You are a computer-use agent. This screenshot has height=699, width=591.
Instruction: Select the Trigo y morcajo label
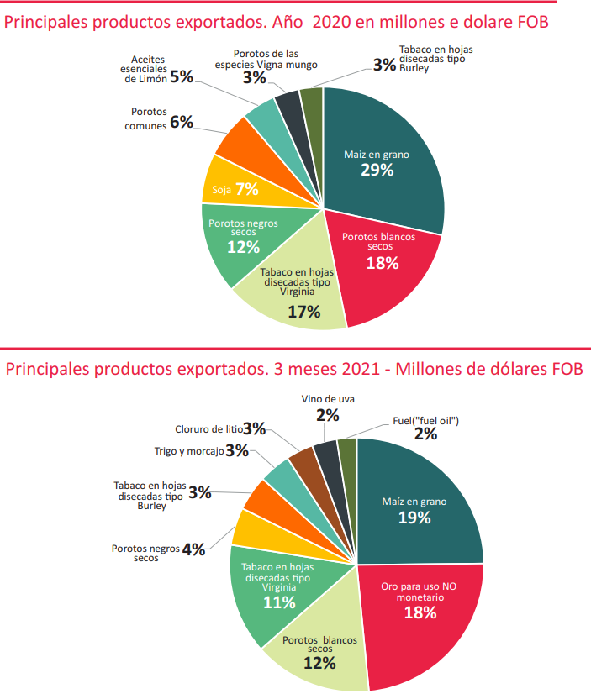coord(189,451)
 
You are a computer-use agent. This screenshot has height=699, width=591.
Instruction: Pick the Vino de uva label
coord(328,399)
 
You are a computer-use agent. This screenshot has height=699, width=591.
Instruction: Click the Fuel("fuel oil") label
coord(426,420)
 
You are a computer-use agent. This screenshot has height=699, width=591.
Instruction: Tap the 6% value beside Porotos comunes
coord(182,122)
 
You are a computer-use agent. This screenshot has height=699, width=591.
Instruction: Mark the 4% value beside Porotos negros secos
coord(193,549)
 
